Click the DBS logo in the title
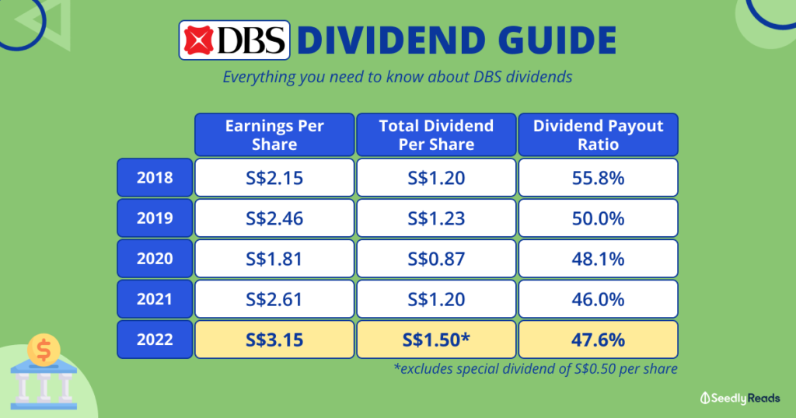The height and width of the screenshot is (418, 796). [234, 40]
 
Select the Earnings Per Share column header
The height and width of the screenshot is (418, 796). [274, 134]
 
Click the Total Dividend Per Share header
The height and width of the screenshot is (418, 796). [436, 134]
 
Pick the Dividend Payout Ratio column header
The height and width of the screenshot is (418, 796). [598, 134]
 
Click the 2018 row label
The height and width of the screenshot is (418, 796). [155, 178]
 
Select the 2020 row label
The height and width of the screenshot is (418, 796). [155, 258]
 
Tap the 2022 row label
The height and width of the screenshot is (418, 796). [155, 340]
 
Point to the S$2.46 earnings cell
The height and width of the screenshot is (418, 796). [274, 218]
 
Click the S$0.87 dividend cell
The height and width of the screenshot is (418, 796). [436, 258]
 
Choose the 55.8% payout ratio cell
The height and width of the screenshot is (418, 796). [598, 178]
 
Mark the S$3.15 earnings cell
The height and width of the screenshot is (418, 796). [274, 340]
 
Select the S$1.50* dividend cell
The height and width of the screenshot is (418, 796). [436, 340]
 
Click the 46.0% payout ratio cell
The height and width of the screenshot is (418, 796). [598, 299]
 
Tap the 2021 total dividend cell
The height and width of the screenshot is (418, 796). [436, 299]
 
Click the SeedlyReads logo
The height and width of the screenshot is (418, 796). [740, 399]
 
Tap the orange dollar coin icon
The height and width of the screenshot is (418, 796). [44, 350]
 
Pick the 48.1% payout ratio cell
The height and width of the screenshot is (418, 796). [598, 258]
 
